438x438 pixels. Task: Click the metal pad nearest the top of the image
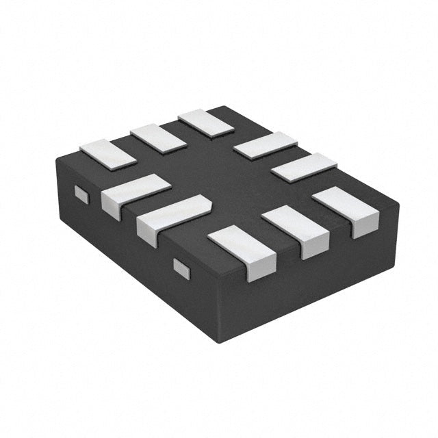(206, 123)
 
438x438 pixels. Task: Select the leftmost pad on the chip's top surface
(108, 153)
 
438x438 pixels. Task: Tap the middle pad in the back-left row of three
(158, 138)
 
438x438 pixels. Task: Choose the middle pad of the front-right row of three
(296, 229)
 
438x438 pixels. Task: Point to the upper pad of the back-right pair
(265, 145)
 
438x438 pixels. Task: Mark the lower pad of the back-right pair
(304, 167)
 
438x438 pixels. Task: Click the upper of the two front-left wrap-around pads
(135, 194)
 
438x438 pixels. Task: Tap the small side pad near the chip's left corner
(81, 195)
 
